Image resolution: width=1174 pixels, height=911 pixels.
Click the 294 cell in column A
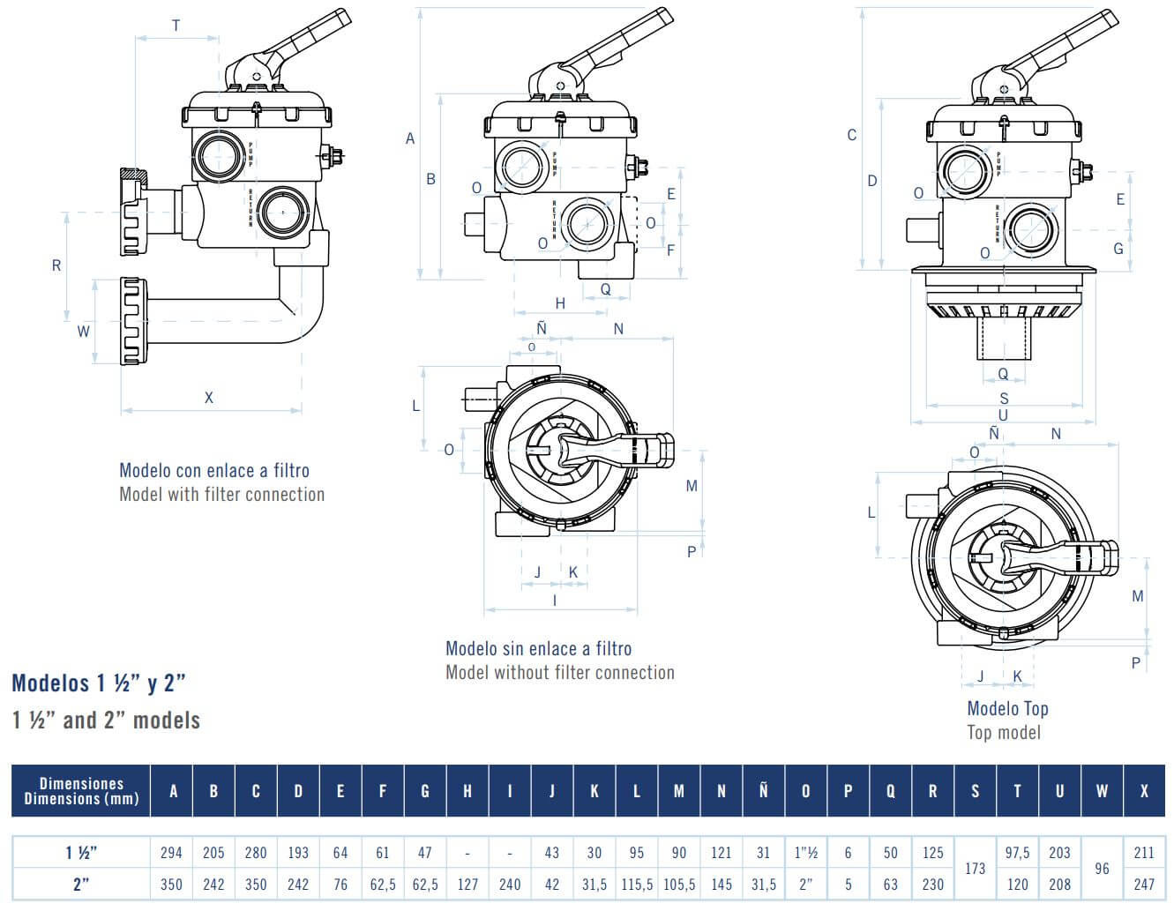(171, 853)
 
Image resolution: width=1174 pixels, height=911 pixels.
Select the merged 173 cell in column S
(975, 869)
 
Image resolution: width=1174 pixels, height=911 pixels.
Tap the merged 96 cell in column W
(1102, 869)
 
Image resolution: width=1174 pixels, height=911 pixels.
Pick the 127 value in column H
(467, 885)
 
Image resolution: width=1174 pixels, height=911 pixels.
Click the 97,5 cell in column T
(1017, 853)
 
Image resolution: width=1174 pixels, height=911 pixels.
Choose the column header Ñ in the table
(763, 791)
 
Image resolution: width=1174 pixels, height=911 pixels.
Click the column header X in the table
(1144, 791)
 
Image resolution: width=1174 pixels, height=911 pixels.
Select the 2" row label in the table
(80, 885)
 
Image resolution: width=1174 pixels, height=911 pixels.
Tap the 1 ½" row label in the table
(80, 853)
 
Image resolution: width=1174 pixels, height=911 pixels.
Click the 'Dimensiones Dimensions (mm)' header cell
(81, 791)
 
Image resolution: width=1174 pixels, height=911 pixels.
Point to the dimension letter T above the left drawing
(176, 26)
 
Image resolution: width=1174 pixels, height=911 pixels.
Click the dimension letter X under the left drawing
(209, 398)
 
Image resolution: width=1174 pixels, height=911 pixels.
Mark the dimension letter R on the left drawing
(56, 265)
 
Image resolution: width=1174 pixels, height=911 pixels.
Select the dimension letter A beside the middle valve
(410, 138)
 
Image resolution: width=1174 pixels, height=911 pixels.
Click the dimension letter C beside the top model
(852, 135)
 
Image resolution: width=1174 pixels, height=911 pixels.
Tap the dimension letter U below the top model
(1003, 415)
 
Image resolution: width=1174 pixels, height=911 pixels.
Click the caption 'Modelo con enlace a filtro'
(214, 471)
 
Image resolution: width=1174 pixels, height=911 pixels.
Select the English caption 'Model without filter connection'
(560, 673)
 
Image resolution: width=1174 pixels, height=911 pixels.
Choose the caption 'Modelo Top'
(1007, 708)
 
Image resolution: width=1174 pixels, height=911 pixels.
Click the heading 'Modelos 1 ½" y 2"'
(99, 683)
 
